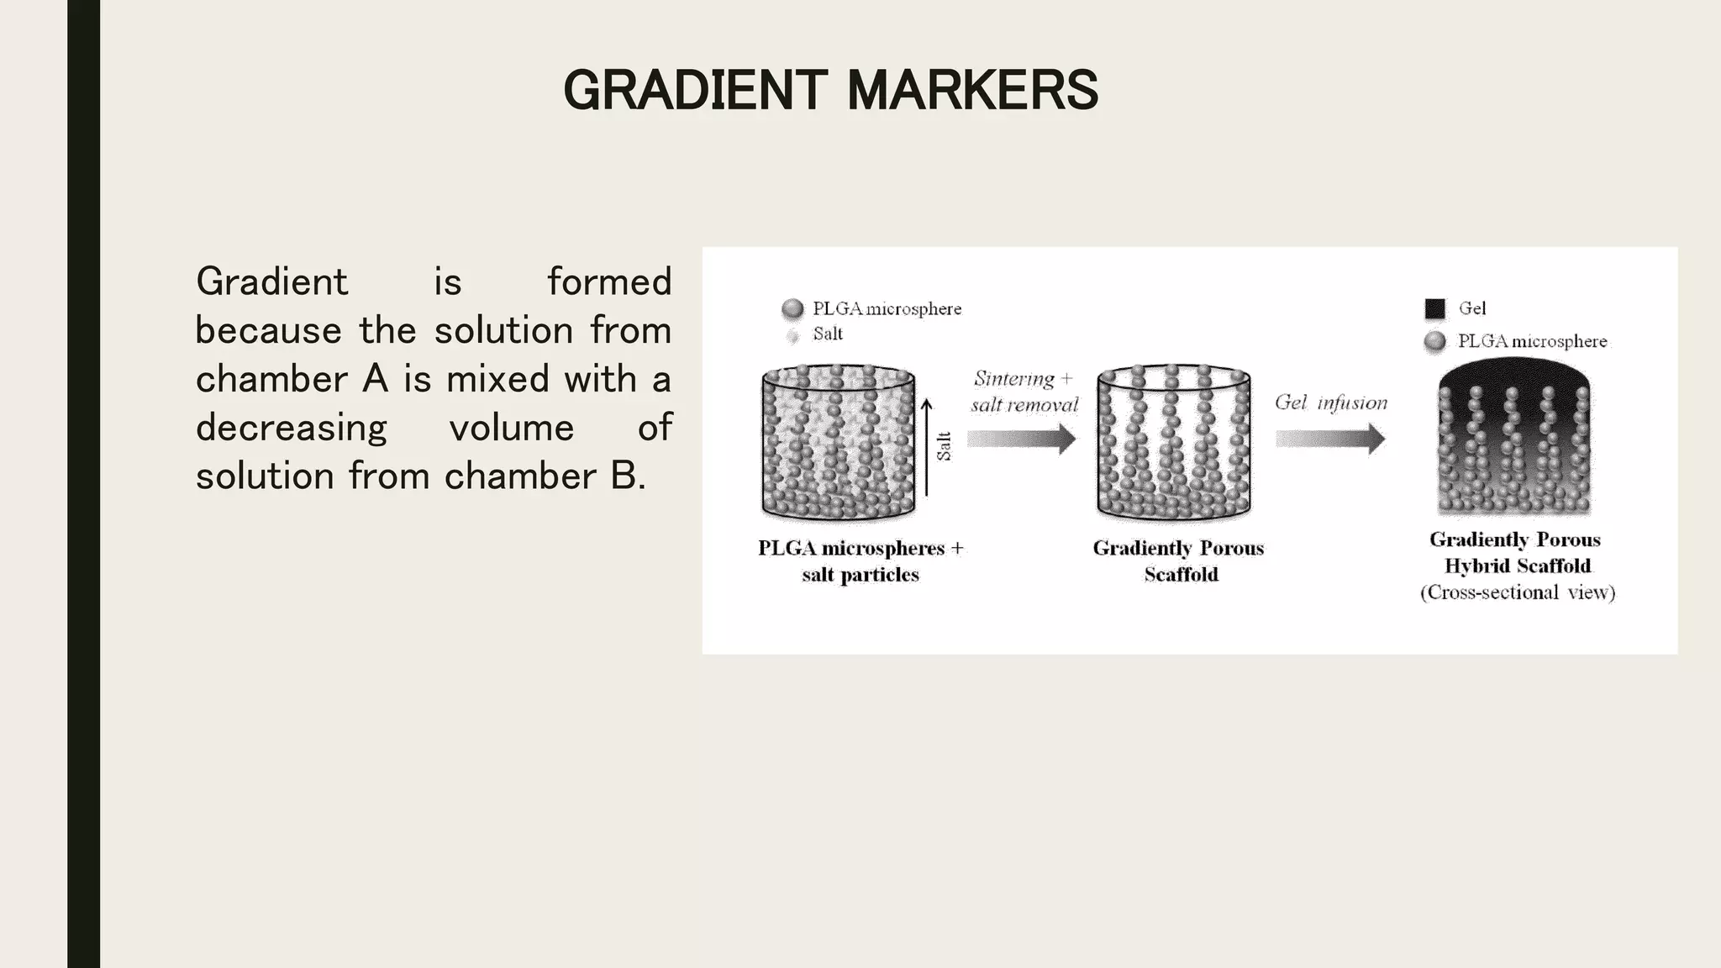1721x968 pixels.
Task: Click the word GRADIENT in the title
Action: point(695,90)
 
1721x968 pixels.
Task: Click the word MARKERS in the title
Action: point(972,90)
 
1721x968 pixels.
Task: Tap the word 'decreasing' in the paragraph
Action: point(291,428)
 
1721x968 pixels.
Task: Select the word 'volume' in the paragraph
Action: point(511,428)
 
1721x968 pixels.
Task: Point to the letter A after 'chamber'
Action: point(375,379)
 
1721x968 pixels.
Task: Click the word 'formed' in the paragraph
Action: point(609,281)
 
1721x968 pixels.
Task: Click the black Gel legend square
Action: point(1435,308)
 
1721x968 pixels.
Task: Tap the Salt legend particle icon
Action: point(792,336)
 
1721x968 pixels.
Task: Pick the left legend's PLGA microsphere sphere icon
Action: point(792,309)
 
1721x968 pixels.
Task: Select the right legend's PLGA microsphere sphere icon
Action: point(1435,341)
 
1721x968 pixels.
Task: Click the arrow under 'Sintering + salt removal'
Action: point(1021,439)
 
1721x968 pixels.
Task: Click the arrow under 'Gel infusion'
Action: point(1330,439)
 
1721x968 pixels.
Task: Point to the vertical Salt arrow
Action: point(926,447)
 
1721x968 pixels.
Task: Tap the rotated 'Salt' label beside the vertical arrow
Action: point(945,446)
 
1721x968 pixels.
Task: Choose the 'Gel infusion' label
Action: point(1330,402)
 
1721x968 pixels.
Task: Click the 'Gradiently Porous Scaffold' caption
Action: point(1179,560)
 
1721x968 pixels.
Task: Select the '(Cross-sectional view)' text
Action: point(1518,592)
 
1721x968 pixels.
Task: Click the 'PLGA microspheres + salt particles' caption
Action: point(860,560)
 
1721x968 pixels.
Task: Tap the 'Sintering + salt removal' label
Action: point(1024,392)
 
